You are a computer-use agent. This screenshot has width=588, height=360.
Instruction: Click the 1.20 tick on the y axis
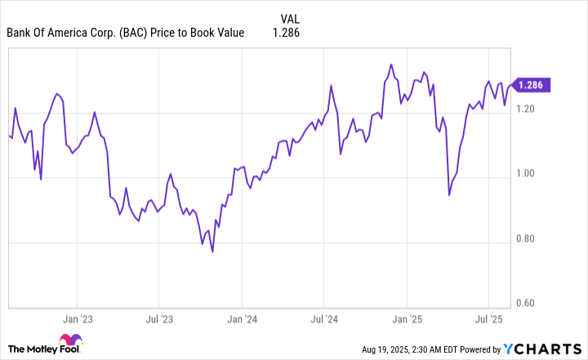pyautogui.click(x=526, y=109)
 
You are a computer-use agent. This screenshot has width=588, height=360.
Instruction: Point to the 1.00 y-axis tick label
pyautogui.click(x=526, y=174)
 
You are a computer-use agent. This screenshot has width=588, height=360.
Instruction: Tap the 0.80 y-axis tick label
pyautogui.click(x=526, y=239)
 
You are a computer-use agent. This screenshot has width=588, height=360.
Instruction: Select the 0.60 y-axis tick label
pyautogui.click(x=526, y=304)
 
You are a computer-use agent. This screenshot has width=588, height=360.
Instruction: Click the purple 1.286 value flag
pyautogui.click(x=532, y=84)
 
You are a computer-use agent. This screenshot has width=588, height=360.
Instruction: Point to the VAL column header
pyautogui.click(x=289, y=19)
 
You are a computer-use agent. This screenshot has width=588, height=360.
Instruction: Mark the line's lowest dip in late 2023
pyautogui.click(x=212, y=251)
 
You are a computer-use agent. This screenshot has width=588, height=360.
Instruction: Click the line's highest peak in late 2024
pyautogui.click(x=391, y=64)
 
